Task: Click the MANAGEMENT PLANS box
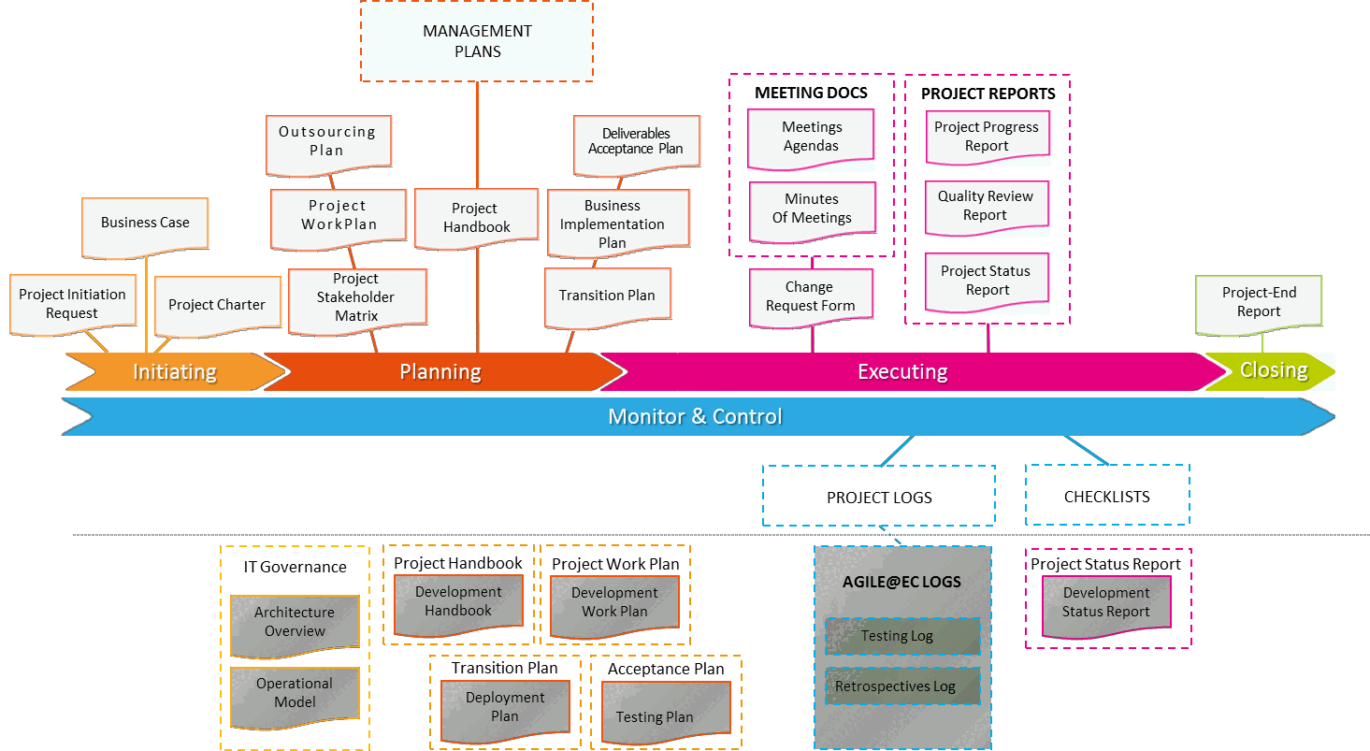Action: point(477,41)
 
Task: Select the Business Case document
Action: point(145,224)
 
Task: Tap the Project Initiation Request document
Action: point(72,304)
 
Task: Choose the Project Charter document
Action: point(217,305)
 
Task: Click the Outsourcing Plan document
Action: point(327,142)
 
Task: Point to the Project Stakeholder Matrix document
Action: point(356,298)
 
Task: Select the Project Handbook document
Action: point(477,218)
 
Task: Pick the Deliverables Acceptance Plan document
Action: point(636,141)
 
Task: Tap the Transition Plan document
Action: point(607,296)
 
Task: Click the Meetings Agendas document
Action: point(812,137)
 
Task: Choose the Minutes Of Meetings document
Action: point(812,209)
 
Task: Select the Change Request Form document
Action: point(810,296)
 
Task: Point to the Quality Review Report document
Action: point(987,206)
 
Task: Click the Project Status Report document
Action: point(987,281)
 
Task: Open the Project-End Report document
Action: point(1259,302)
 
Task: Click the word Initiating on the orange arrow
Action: point(175,372)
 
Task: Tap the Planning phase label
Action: point(440,372)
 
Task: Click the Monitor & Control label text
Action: point(695,417)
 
